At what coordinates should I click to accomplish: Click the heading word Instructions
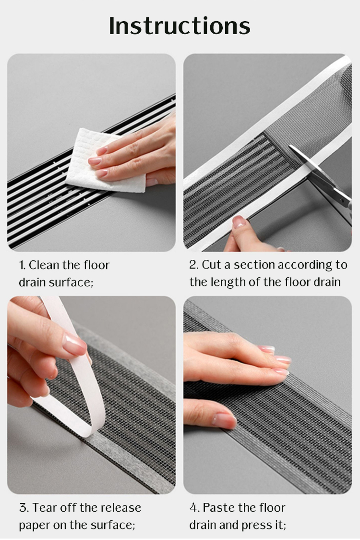click(180, 26)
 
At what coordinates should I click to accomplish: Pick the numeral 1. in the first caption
click(22, 265)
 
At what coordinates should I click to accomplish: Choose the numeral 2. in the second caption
click(194, 265)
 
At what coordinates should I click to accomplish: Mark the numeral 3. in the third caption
click(24, 508)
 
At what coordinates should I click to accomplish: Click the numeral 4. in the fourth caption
click(194, 508)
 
